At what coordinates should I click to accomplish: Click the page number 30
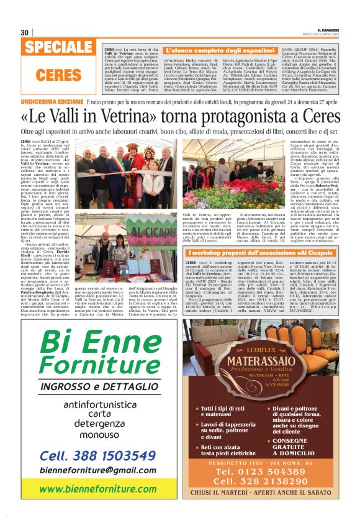25,32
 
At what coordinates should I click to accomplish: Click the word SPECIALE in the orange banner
60,48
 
